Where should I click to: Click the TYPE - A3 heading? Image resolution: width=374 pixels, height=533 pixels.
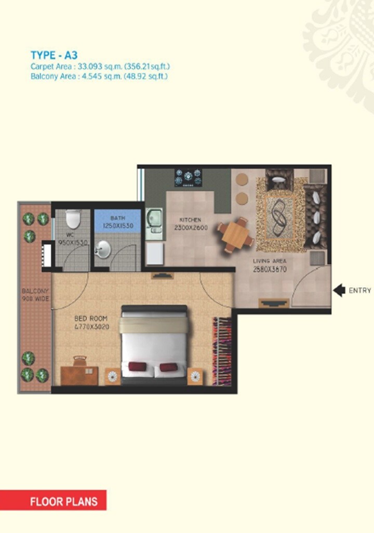pyautogui.click(x=55, y=56)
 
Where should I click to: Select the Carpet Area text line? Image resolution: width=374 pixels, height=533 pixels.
pyautogui.click(x=100, y=67)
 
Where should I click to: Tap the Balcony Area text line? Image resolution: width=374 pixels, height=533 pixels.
pyautogui.click(x=99, y=76)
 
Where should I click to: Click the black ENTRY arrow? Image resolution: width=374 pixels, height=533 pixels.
pyautogui.click(x=339, y=290)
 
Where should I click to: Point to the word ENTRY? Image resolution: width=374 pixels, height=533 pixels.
pyautogui.click(x=360, y=290)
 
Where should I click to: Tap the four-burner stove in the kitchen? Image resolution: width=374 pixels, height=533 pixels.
pyautogui.click(x=188, y=177)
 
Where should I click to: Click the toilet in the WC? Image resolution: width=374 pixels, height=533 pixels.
pyautogui.click(x=73, y=220)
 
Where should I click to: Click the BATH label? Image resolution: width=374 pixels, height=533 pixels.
pyautogui.click(x=117, y=218)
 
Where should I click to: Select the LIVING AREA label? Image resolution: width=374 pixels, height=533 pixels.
pyautogui.click(x=270, y=261)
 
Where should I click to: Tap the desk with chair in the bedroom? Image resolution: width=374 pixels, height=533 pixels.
pyautogui.click(x=79, y=372)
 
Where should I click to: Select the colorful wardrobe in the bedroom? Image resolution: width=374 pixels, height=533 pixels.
pyautogui.click(x=222, y=351)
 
